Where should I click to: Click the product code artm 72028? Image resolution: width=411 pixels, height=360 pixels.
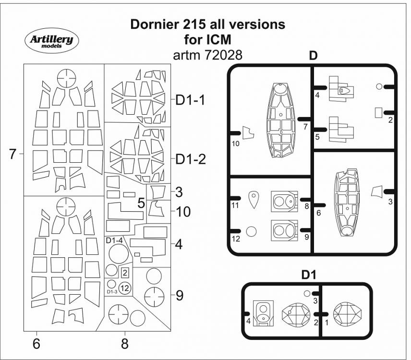click(208, 55)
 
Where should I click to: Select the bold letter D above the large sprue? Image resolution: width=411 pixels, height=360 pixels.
click(313, 56)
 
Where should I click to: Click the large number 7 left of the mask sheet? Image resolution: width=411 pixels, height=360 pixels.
click(13, 154)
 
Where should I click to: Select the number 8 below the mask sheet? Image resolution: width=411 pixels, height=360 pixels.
click(124, 343)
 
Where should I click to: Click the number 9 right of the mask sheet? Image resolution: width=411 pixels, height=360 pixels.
click(179, 295)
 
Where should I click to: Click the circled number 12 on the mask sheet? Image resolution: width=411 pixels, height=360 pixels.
click(124, 288)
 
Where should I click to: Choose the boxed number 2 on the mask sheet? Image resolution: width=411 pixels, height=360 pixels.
click(125, 273)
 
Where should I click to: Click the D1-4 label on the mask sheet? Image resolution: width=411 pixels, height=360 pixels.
click(114, 240)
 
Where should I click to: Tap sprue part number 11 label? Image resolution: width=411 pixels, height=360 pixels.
click(235, 205)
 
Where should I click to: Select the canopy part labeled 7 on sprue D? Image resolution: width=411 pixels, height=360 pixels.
click(280, 120)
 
